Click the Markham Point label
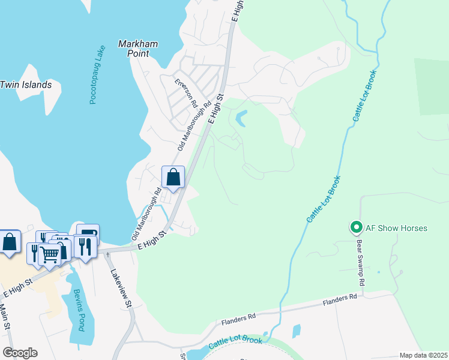tap(137, 49)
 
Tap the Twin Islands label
tap(25, 85)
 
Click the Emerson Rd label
tap(187, 94)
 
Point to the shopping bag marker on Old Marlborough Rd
tap(173, 178)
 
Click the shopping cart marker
tap(49, 254)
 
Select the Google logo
tap(20, 352)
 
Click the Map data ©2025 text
tap(423, 355)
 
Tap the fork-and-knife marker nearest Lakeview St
tap(85, 247)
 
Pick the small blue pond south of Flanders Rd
tap(297, 331)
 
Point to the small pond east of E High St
tap(241, 118)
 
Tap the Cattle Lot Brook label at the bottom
tap(235, 344)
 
